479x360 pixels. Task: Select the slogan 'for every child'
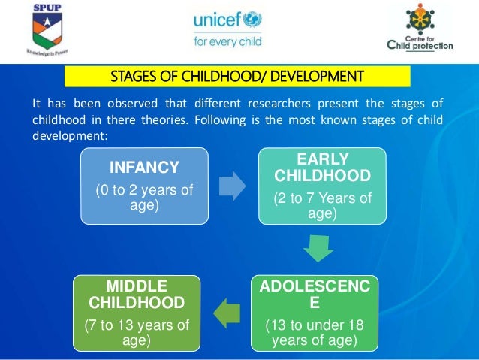click(227, 41)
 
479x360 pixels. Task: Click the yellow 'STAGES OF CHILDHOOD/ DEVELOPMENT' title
click(237, 76)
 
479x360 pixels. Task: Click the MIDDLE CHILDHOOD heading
click(137, 294)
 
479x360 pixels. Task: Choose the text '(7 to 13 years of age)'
click(137, 331)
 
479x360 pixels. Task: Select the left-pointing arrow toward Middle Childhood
click(228, 311)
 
